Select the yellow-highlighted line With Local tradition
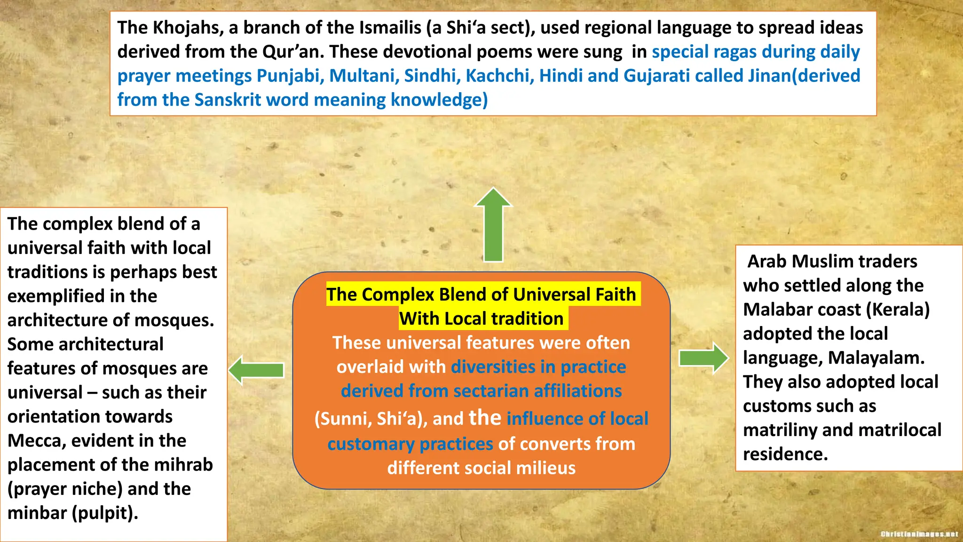481,319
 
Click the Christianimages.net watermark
919,534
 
